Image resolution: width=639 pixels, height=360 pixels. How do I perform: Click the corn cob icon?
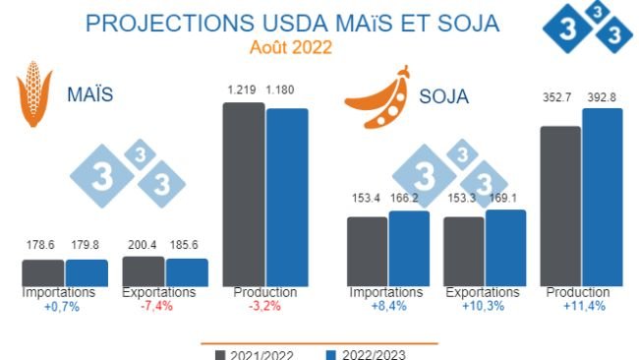[35, 96]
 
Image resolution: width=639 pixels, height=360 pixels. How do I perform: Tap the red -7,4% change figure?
[158, 306]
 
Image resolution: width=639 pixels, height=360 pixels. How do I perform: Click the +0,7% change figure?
[60, 306]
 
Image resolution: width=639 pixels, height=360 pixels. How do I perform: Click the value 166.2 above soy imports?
[409, 199]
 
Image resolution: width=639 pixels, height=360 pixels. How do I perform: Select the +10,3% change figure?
[482, 306]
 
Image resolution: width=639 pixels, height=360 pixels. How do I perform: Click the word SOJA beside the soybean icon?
[444, 97]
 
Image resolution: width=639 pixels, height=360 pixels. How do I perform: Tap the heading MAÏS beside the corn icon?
[89, 95]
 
